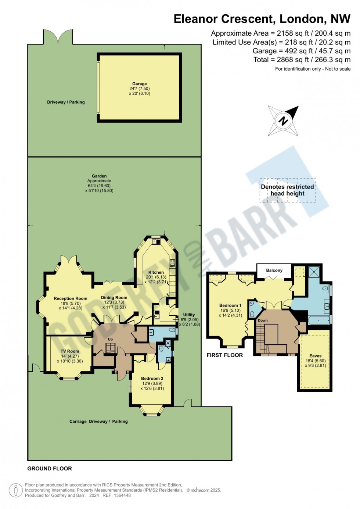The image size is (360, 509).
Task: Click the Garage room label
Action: click(139, 84)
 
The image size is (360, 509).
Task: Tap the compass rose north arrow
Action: click(283, 121)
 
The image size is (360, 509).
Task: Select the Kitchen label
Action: click(156, 272)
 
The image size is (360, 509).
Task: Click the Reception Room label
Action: click(71, 298)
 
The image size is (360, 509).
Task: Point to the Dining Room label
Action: click(114, 298)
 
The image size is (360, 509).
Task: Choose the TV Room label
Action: click(70, 351)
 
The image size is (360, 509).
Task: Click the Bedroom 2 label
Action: click(152, 378)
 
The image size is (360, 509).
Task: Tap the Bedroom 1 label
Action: click(230, 305)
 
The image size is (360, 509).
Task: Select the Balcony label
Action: click(274, 270)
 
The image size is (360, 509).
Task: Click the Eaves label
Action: click(315, 356)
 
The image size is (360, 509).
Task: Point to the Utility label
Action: click(189, 315)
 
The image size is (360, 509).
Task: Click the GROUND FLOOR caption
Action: click(50, 469)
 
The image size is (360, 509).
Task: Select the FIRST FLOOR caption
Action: click(224, 355)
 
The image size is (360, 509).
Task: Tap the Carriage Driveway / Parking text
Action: click(98, 422)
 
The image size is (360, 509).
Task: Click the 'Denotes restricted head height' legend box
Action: click(287, 190)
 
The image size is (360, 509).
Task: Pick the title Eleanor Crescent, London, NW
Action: click(262, 19)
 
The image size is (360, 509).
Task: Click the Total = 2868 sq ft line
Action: click(302, 60)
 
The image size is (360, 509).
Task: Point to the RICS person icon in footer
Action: click(16, 490)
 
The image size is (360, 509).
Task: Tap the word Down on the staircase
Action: click(263, 320)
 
